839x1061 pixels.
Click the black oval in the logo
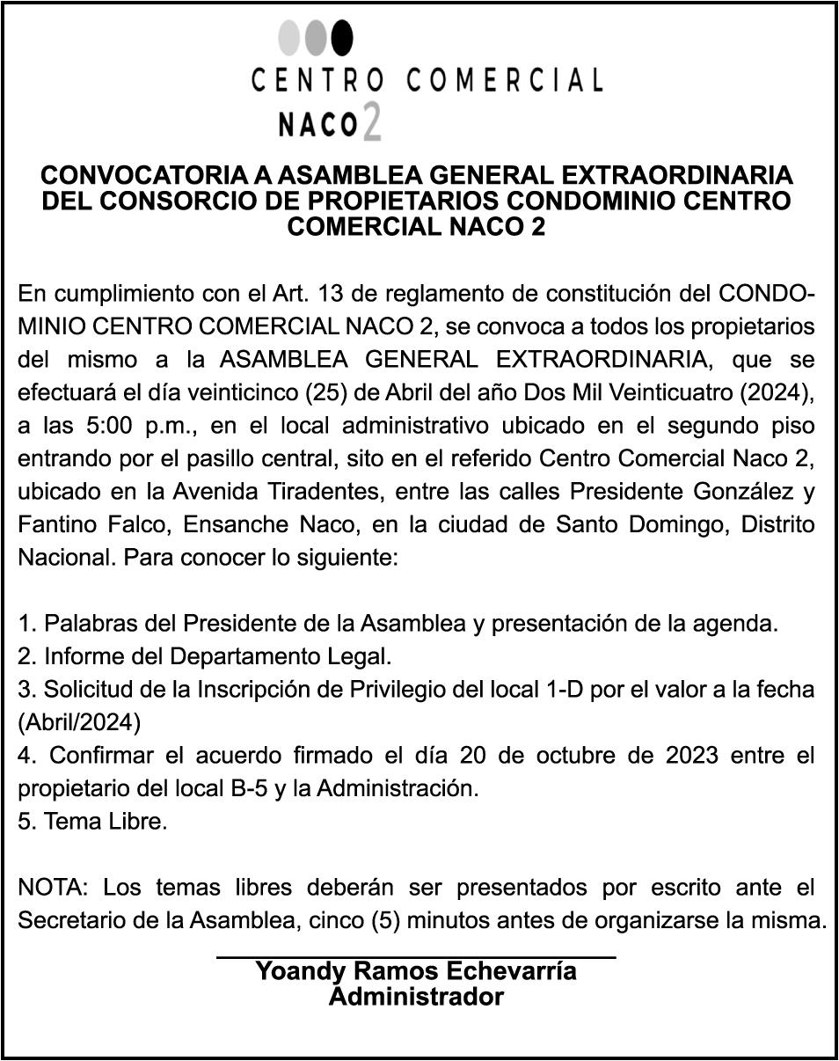point(342,37)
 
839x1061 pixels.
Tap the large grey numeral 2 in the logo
point(371,122)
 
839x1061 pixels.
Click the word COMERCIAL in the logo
point(505,81)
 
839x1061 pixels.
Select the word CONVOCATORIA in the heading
point(144,175)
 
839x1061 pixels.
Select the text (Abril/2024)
point(79,722)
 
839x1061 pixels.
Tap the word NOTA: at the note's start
point(54,889)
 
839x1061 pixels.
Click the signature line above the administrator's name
point(416,955)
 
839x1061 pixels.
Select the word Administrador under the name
point(416,997)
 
